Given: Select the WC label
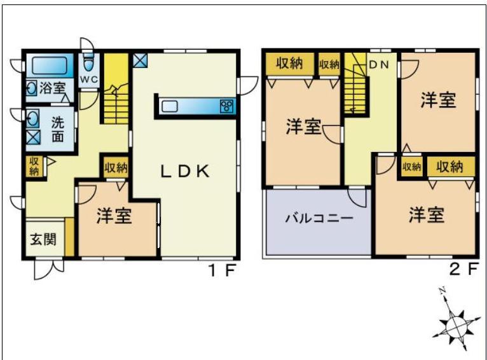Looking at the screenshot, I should tap(88, 80).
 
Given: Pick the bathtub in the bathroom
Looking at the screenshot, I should tap(48, 66).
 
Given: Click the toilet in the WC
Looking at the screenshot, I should tap(88, 62).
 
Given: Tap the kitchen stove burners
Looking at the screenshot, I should tap(226, 106).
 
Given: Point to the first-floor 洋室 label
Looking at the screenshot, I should tap(114, 216).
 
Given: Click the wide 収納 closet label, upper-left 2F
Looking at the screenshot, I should tap(290, 63).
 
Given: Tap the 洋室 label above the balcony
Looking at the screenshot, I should tap(303, 127).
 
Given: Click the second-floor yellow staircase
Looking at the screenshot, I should tap(356, 92).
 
